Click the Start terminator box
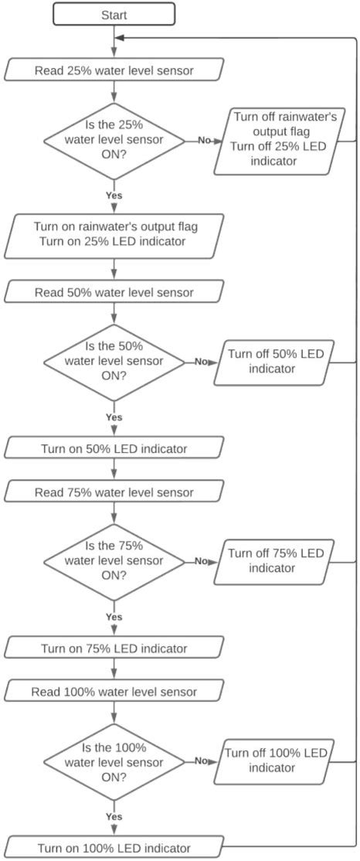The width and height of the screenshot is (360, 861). click(x=114, y=15)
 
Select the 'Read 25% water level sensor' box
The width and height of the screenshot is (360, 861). click(x=114, y=71)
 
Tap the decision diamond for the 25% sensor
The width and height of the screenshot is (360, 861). click(x=114, y=141)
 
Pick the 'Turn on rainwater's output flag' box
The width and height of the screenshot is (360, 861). click(x=114, y=236)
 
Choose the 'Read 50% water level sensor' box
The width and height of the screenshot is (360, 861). click(x=114, y=292)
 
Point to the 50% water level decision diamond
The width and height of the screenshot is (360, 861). click(x=114, y=361)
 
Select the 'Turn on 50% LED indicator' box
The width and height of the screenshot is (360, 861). click(x=114, y=448)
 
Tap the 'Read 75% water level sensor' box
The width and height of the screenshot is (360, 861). click(x=114, y=492)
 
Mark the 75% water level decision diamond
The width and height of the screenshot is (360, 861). click(x=114, y=560)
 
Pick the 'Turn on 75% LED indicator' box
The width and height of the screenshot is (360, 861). click(x=114, y=647)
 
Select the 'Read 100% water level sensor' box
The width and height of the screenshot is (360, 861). click(x=114, y=691)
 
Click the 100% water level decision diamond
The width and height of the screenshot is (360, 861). click(x=114, y=761)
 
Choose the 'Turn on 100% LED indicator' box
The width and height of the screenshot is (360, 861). click(x=114, y=846)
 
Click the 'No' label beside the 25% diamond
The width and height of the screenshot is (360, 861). click(x=204, y=141)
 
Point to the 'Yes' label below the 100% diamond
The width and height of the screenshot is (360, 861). click(x=114, y=816)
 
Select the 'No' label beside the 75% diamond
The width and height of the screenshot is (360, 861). click(x=202, y=561)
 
